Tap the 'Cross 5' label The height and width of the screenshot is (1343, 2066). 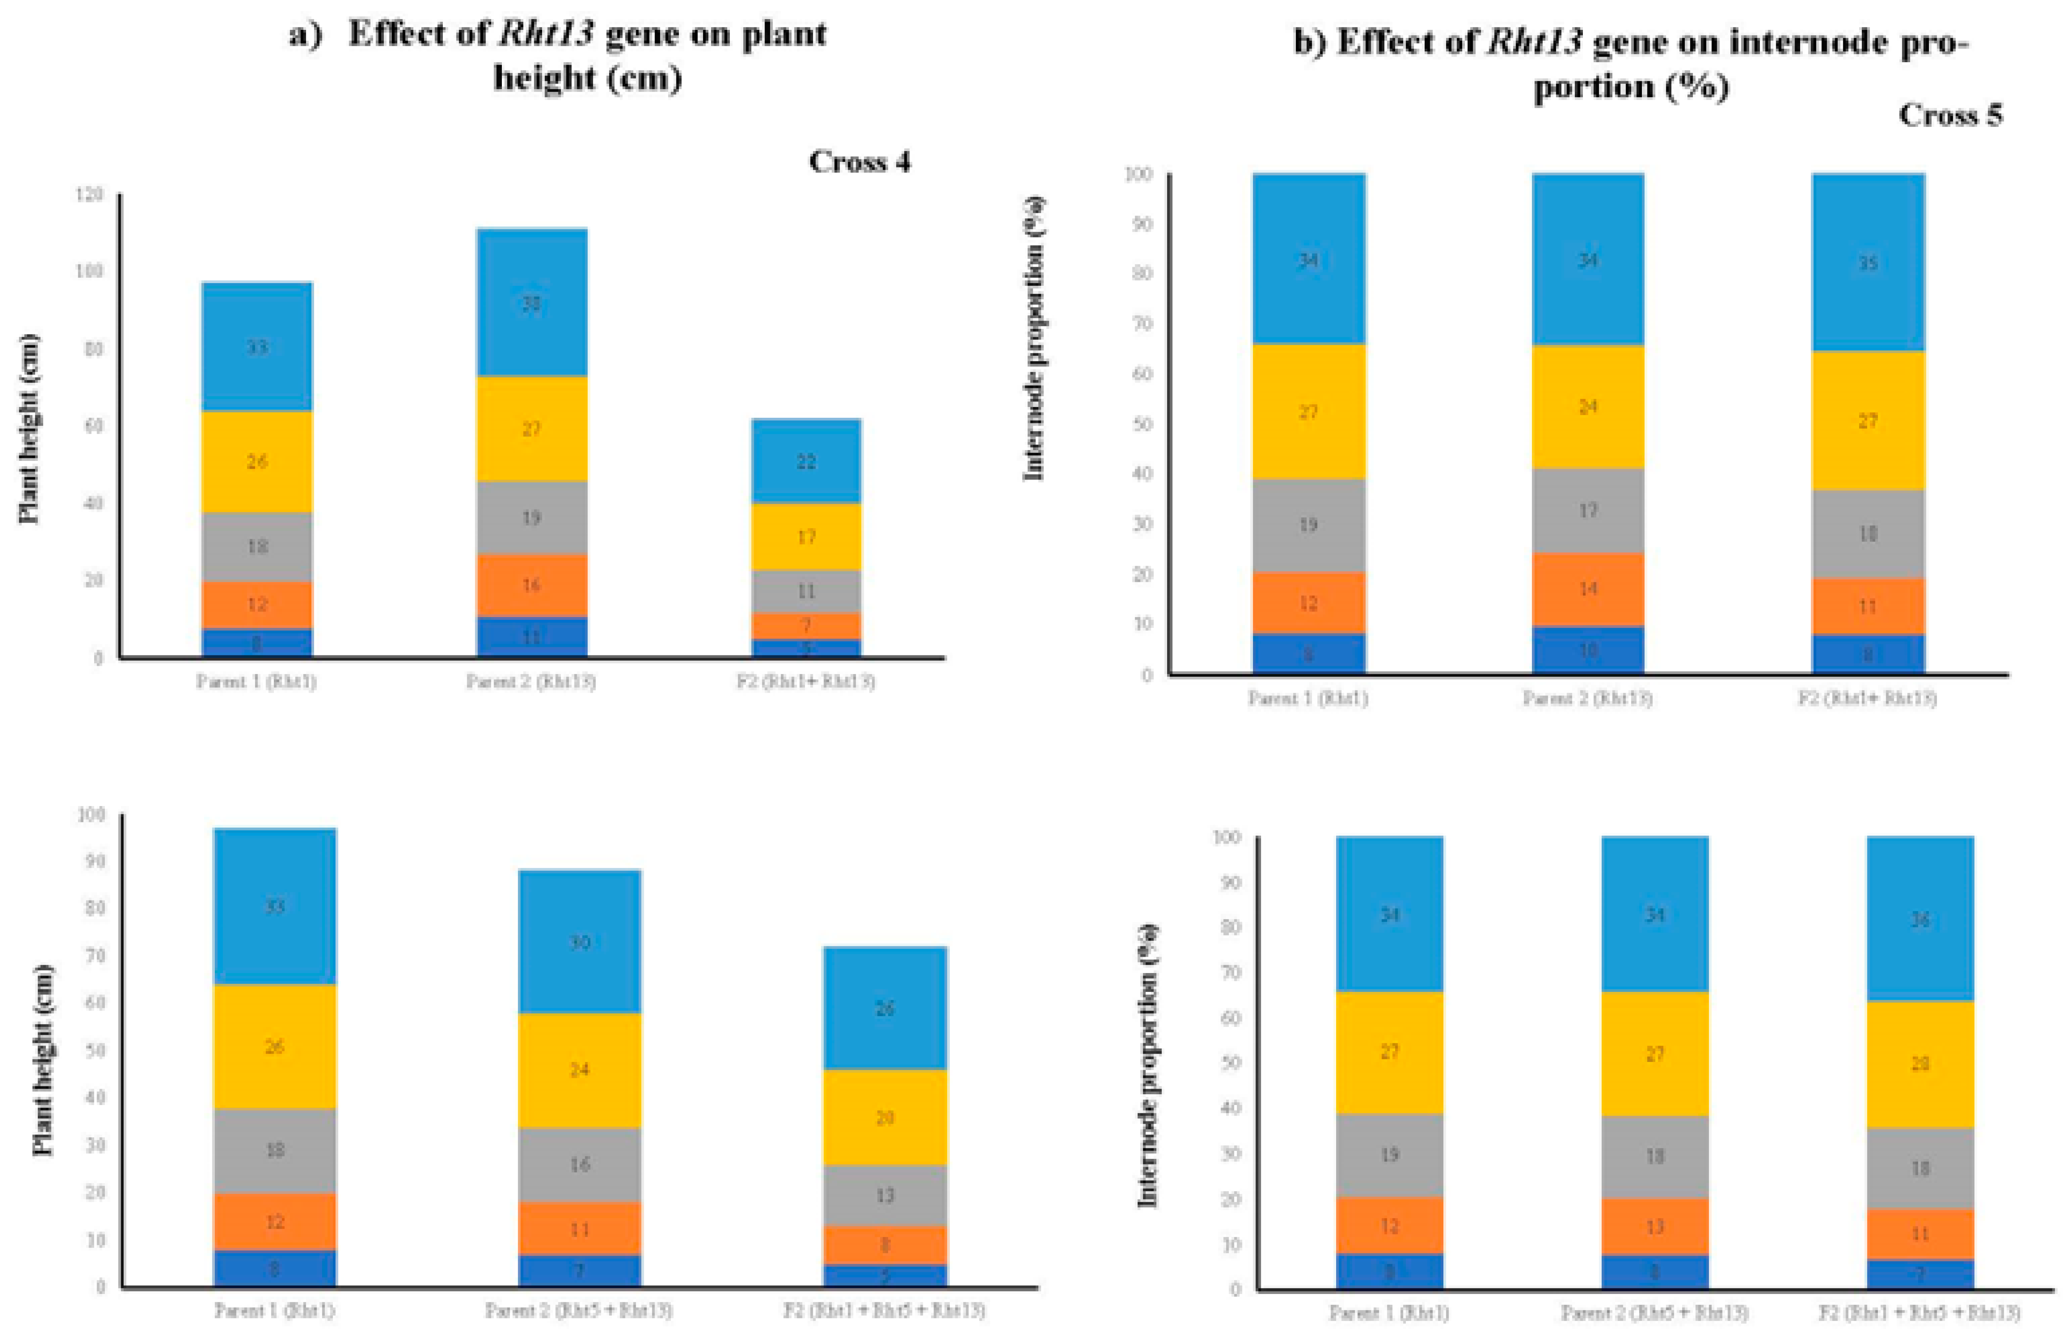(1950, 114)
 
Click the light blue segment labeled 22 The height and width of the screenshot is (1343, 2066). (806, 461)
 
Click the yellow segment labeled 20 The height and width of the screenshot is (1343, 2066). (885, 1117)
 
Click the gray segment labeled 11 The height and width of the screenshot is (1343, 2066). (806, 591)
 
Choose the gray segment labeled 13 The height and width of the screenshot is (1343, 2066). (885, 1196)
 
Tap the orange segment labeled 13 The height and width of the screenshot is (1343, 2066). (1655, 1227)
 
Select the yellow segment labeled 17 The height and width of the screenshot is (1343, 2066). (806, 537)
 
